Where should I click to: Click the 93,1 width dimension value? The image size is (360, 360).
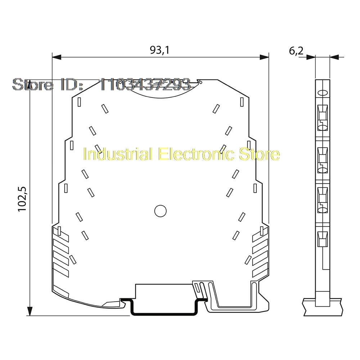click(x=159, y=50)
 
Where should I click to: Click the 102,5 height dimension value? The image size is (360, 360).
click(x=22, y=199)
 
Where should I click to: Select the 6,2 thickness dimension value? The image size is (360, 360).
click(x=296, y=51)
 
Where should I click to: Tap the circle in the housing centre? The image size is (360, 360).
click(x=160, y=211)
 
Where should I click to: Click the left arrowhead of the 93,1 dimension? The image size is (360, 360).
click(x=57, y=57)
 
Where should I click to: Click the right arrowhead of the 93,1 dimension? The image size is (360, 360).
click(x=264, y=57)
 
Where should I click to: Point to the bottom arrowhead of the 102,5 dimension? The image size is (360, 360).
click(x=30, y=311)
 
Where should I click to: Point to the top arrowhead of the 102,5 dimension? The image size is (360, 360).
click(x=30, y=84)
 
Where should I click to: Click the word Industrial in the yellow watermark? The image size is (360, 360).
click(x=118, y=154)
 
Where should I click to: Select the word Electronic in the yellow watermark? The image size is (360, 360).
click(x=197, y=154)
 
